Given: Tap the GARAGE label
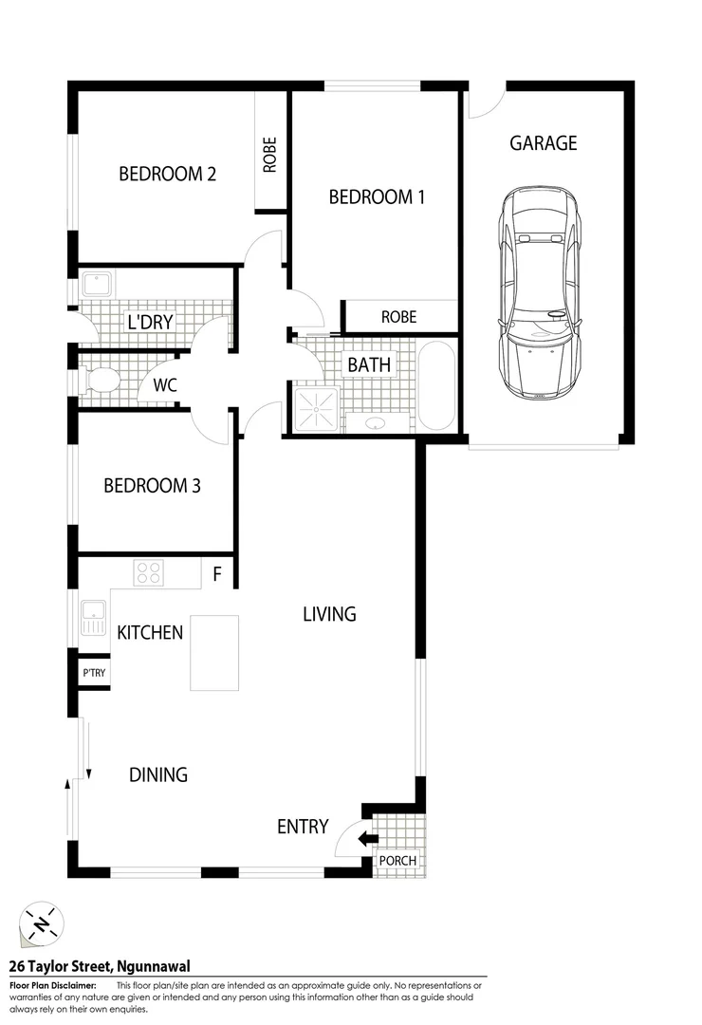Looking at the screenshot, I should pos(543,143).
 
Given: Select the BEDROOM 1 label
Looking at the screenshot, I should pos(376,197).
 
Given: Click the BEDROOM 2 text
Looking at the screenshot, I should pos(167,174).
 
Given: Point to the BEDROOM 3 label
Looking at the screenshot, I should pos(152,486).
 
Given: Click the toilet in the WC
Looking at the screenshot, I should pos(100,382).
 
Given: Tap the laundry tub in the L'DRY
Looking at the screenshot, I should pos(98,285).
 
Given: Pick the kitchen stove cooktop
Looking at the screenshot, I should pos(149,572).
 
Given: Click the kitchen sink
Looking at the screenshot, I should pos(94,617).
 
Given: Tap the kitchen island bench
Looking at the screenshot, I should pos(214,652).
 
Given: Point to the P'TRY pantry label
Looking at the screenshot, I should pos(94,673).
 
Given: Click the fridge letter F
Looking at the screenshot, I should pos(217,574).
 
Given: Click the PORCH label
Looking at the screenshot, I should pos(397,861).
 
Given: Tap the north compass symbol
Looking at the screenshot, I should pos(41,923).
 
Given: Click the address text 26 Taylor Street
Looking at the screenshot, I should pos(100,966).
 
